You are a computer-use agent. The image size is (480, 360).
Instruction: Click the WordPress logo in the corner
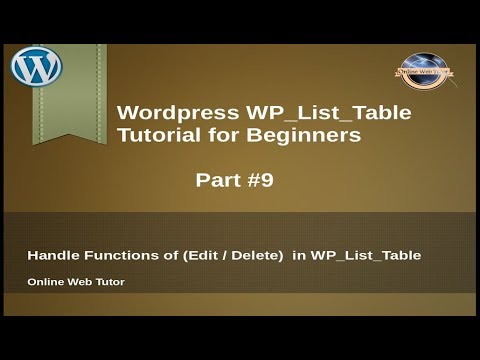[37, 67]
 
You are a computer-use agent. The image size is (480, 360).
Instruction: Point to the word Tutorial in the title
[157, 137]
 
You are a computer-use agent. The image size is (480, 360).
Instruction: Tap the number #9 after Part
[258, 181]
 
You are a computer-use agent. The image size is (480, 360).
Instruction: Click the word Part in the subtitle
[217, 181]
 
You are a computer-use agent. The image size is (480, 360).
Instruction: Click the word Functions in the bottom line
[118, 256]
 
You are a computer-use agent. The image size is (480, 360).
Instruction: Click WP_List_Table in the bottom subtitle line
[365, 256]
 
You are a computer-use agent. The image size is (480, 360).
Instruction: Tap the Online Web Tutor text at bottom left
[76, 282]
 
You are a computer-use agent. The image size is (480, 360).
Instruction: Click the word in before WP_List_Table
[296, 256]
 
